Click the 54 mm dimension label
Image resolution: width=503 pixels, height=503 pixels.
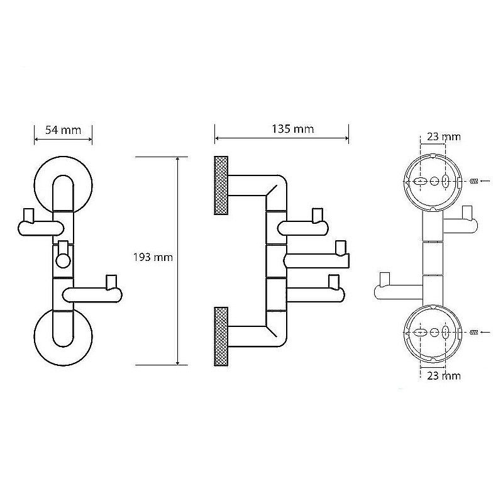63,130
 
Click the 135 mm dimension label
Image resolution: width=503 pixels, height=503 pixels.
292,129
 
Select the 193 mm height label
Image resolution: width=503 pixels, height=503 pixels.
153,257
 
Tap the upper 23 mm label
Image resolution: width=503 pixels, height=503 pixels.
444,136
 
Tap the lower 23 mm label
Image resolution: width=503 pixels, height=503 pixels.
443,375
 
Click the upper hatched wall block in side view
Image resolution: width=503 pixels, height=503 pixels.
221,185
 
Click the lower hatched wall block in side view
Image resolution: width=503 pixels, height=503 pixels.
221,336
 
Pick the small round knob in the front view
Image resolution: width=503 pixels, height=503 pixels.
63,262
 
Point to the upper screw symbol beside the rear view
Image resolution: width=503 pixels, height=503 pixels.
475,181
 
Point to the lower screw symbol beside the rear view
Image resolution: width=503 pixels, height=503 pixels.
475,331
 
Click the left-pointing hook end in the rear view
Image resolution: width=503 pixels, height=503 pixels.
384,286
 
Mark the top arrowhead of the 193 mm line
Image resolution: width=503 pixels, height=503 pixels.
178,160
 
